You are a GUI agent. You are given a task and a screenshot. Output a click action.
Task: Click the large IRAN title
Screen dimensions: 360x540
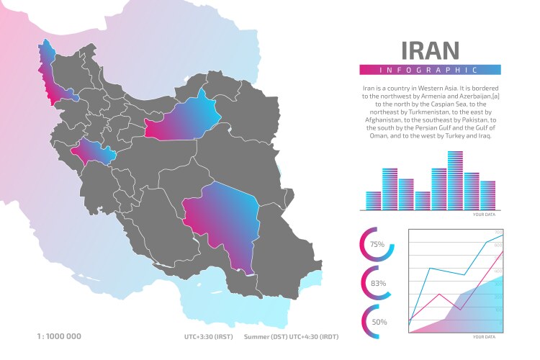[x=430, y=50]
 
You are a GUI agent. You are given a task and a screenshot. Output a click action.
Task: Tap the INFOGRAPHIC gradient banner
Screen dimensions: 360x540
[x=430, y=70]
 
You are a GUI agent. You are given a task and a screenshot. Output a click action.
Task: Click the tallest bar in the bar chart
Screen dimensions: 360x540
[x=455, y=180]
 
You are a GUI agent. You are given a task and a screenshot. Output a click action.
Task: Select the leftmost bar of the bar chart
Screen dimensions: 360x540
[x=374, y=200]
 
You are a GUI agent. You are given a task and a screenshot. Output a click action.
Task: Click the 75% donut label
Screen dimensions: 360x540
[x=377, y=245]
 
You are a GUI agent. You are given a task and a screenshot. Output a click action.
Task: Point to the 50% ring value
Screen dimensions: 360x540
[x=379, y=322]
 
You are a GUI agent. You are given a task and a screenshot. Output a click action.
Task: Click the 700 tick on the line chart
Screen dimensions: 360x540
[x=498, y=232]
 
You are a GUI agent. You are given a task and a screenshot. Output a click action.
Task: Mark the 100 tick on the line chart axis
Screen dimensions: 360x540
[x=498, y=310]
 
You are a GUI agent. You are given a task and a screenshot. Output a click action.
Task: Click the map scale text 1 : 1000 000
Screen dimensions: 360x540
[x=59, y=336]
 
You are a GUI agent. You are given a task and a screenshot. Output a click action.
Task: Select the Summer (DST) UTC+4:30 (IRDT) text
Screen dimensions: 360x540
[x=291, y=336]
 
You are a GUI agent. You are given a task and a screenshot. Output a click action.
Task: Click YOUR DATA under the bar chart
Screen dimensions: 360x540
[x=484, y=215]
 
